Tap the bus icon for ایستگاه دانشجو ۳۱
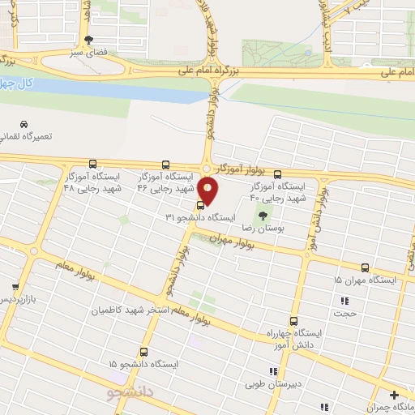point(201,205)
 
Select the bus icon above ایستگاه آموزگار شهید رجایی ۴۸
point(92,164)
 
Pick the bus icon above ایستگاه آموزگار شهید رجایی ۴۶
point(166,165)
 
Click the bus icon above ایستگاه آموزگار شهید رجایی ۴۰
point(278,174)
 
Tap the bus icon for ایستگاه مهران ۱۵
point(365,267)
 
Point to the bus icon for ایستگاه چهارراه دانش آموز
point(293,320)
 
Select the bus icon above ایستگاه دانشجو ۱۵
point(143,352)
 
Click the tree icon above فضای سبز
point(89,40)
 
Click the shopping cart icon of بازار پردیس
point(15,287)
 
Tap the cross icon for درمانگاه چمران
point(394,395)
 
